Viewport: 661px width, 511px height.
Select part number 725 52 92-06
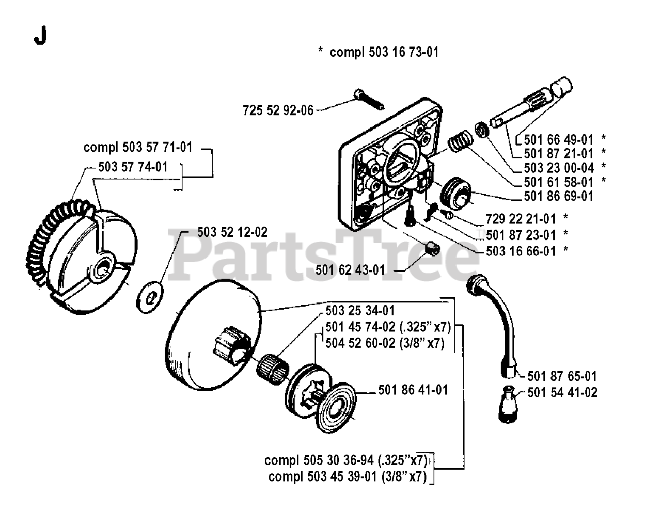[278, 110]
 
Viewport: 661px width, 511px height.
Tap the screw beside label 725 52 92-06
[368, 100]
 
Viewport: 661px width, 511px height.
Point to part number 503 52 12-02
[232, 232]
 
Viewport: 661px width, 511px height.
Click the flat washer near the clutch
[149, 297]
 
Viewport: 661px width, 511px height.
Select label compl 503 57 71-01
[138, 147]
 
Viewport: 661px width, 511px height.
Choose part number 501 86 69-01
[558, 197]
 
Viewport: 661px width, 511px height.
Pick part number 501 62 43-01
[350, 269]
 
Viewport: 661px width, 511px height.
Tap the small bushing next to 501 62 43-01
[431, 249]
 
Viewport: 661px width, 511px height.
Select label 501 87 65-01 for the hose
[562, 376]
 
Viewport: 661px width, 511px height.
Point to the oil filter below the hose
[508, 405]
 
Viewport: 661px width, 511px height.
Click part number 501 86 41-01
[413, 390]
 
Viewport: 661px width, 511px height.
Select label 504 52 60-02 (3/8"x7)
[385, 343]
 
